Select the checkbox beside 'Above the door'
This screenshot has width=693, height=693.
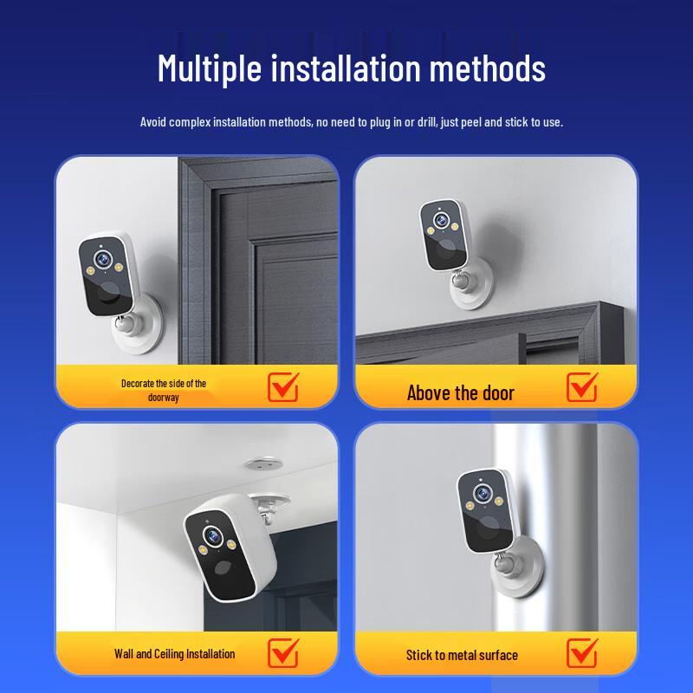(x=582, y=387)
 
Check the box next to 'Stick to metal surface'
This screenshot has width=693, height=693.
(x=582, y=652)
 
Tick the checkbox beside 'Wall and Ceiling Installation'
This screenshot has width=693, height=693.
(x=282, y=652)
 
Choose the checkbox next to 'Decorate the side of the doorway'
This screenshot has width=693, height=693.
(x=282, y=387)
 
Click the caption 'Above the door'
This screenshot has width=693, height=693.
(x=460, y=393)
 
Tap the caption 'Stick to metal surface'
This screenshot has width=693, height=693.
(x=462, y=655)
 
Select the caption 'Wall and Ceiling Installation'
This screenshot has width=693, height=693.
(x=174, y=654)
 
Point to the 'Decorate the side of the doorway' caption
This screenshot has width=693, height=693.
(x=163, y=390)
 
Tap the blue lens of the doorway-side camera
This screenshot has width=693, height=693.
(x=101, y=256)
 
